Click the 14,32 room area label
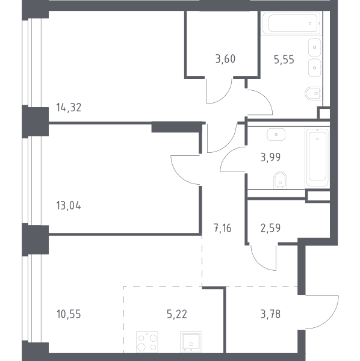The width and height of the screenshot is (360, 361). [69, 108]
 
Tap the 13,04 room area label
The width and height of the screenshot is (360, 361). [69, 205]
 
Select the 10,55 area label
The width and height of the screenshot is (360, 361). [69, 314]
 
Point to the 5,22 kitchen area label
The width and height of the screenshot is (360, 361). [177, 314]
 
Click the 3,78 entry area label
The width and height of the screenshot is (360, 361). [270, 314]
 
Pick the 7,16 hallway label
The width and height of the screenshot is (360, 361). [223, 228]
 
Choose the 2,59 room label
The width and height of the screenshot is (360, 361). [270, 228]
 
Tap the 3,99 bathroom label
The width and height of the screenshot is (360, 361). [270, 158]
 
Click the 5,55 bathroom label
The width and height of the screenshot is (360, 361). [284, 60]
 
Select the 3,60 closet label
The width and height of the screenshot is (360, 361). [225, 59]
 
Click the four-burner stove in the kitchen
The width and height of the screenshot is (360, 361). [147, 342]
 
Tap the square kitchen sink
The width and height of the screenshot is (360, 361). [191, 342]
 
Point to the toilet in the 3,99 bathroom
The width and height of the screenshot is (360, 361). [280, 180]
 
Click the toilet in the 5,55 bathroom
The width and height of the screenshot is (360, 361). [313, 93]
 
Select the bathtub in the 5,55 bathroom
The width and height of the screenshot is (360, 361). [291, 23]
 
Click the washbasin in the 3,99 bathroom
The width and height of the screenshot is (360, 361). [276, 134]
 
